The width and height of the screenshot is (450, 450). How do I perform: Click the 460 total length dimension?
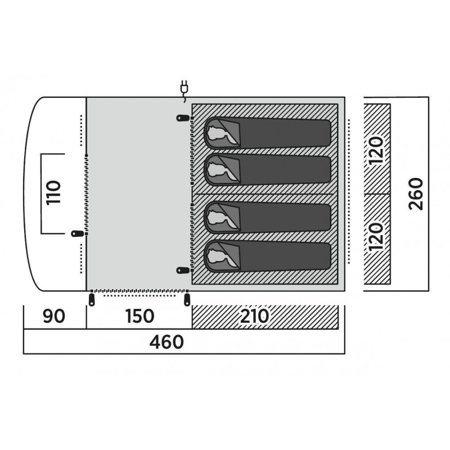point(166,341)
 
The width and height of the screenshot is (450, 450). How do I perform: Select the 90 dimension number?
point(54,316)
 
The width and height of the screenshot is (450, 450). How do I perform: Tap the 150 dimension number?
point(139,316)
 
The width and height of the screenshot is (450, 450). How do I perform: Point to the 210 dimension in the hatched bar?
point(255,316)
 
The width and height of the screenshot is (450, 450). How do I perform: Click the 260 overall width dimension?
point(416,194)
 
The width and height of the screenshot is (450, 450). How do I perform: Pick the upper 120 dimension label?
point(376,150)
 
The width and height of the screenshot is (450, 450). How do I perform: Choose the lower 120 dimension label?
point(376,236)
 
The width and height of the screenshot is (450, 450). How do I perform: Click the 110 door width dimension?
point(53,192)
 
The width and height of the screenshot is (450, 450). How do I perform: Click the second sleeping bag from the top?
point(268,170)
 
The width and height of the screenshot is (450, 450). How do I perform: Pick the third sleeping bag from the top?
point(268,217)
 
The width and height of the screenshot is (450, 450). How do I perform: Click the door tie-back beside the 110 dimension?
point(78,233)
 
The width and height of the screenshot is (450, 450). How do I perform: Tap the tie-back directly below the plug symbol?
point(183,118)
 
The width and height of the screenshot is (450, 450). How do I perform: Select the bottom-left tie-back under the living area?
point(92,299)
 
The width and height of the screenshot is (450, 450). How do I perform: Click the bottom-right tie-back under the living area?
point(187,299)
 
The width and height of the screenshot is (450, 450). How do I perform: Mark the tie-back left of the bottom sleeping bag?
point(183,270)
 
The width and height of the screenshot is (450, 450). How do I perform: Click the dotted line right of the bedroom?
point(349,191)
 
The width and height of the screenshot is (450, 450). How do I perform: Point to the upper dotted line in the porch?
point(82,130)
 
